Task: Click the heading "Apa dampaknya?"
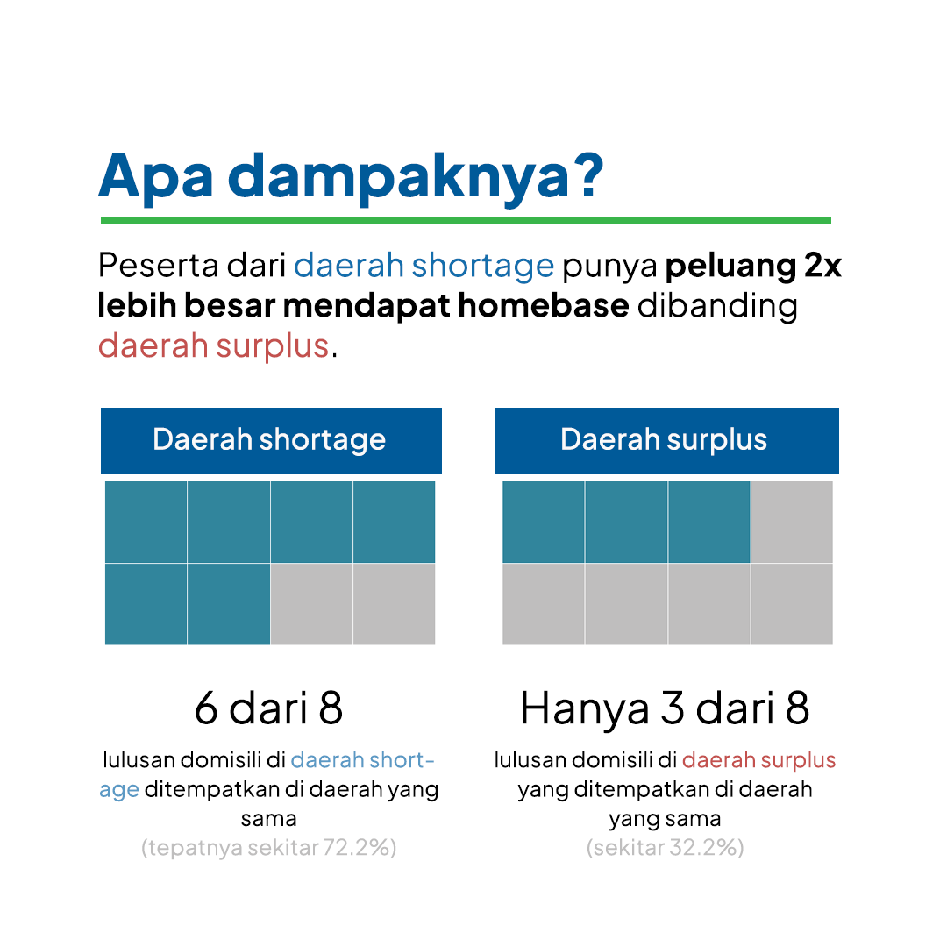351,176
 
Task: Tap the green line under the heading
466,220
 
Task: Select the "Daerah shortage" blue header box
271,440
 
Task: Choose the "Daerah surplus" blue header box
666,440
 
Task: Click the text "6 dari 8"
269,708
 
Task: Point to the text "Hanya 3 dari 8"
665,709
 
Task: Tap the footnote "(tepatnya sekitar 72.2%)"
269,848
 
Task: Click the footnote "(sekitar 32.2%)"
665,848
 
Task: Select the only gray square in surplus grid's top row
792,522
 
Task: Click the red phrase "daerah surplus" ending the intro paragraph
213,346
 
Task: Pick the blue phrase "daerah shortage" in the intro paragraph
424,266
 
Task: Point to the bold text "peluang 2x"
753,266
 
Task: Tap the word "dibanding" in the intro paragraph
717,306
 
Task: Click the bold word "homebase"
544,306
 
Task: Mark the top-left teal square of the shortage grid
146,522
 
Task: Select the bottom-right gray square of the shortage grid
395,604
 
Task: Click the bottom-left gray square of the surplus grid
544,604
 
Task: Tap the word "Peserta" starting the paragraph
158,266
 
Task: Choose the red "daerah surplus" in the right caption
759,759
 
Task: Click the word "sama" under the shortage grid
269,819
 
